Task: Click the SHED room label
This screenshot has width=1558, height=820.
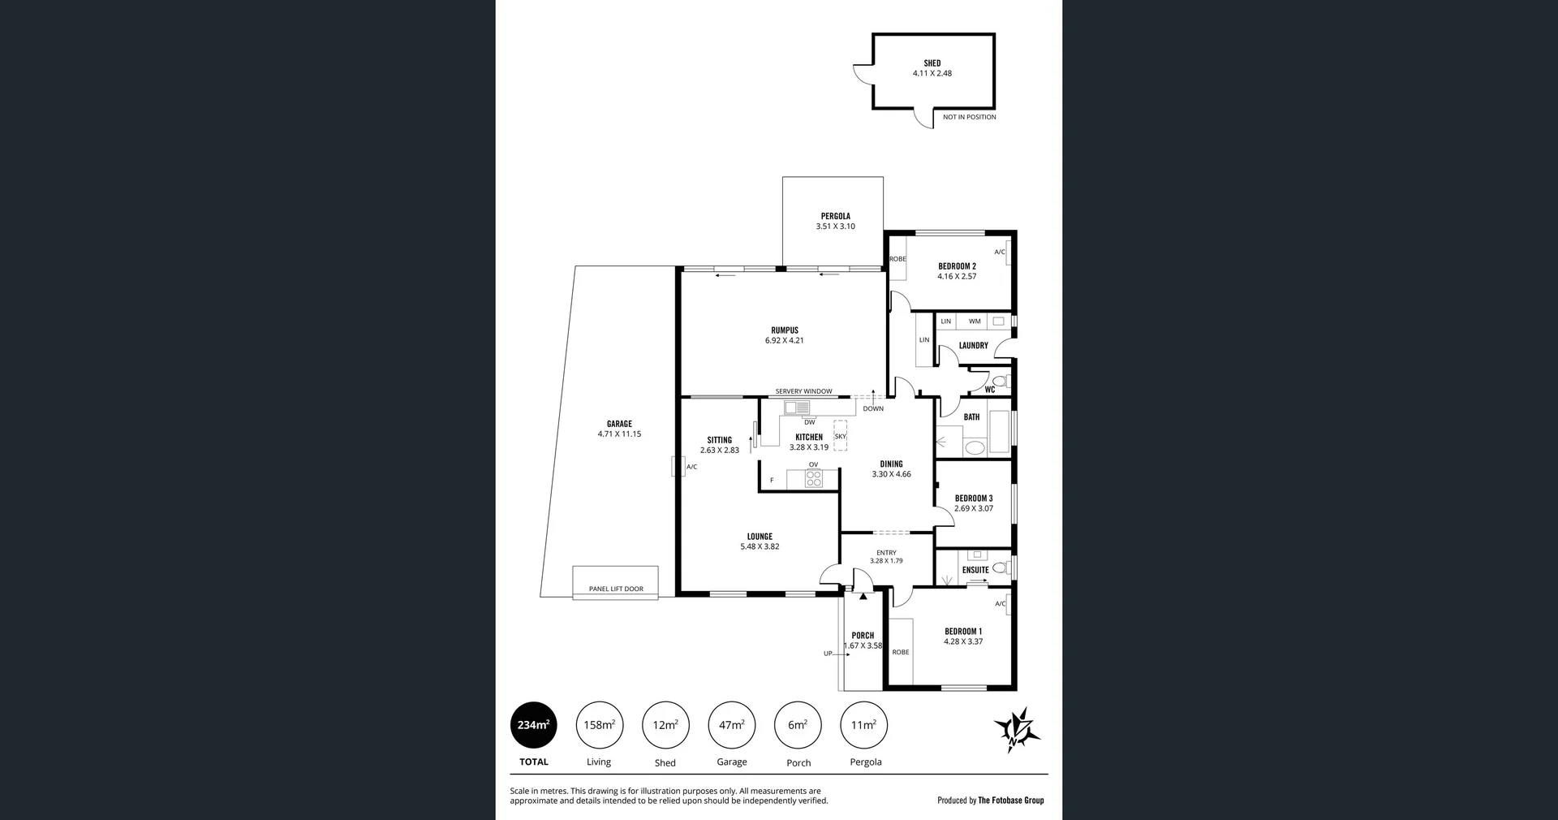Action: coord(932,63)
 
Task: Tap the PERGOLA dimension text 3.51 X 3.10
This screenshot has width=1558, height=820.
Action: coord(835,227)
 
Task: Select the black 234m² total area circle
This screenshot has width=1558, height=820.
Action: coord(533,725)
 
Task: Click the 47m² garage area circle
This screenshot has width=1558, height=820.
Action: coord(731,725)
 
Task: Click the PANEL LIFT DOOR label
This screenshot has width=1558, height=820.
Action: coord(616,589)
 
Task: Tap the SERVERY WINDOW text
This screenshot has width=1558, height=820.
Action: coord(803,391)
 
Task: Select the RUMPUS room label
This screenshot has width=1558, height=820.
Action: coord(785,330)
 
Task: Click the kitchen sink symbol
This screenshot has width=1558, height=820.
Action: coord(796,408)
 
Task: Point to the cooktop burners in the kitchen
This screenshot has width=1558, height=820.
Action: coord(813,479)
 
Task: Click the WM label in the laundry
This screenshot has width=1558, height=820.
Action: coord(975,322)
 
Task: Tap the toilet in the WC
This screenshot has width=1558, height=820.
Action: coord(999,381)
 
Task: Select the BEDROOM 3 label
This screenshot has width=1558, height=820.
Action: coord(973,498)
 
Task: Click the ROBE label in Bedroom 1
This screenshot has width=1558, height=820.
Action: coord(900,652)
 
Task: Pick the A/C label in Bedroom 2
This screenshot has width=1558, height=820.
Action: coord(1000,252)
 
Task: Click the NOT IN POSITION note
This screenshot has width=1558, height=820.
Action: coord(969,117)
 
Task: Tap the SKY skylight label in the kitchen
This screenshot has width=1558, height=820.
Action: coord(840,437)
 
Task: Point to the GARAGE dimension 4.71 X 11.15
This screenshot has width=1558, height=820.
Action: coord(619,434)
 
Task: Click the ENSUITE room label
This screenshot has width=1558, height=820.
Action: coord(975,570)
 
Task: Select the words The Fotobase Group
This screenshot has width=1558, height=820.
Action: coord(1010,801)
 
